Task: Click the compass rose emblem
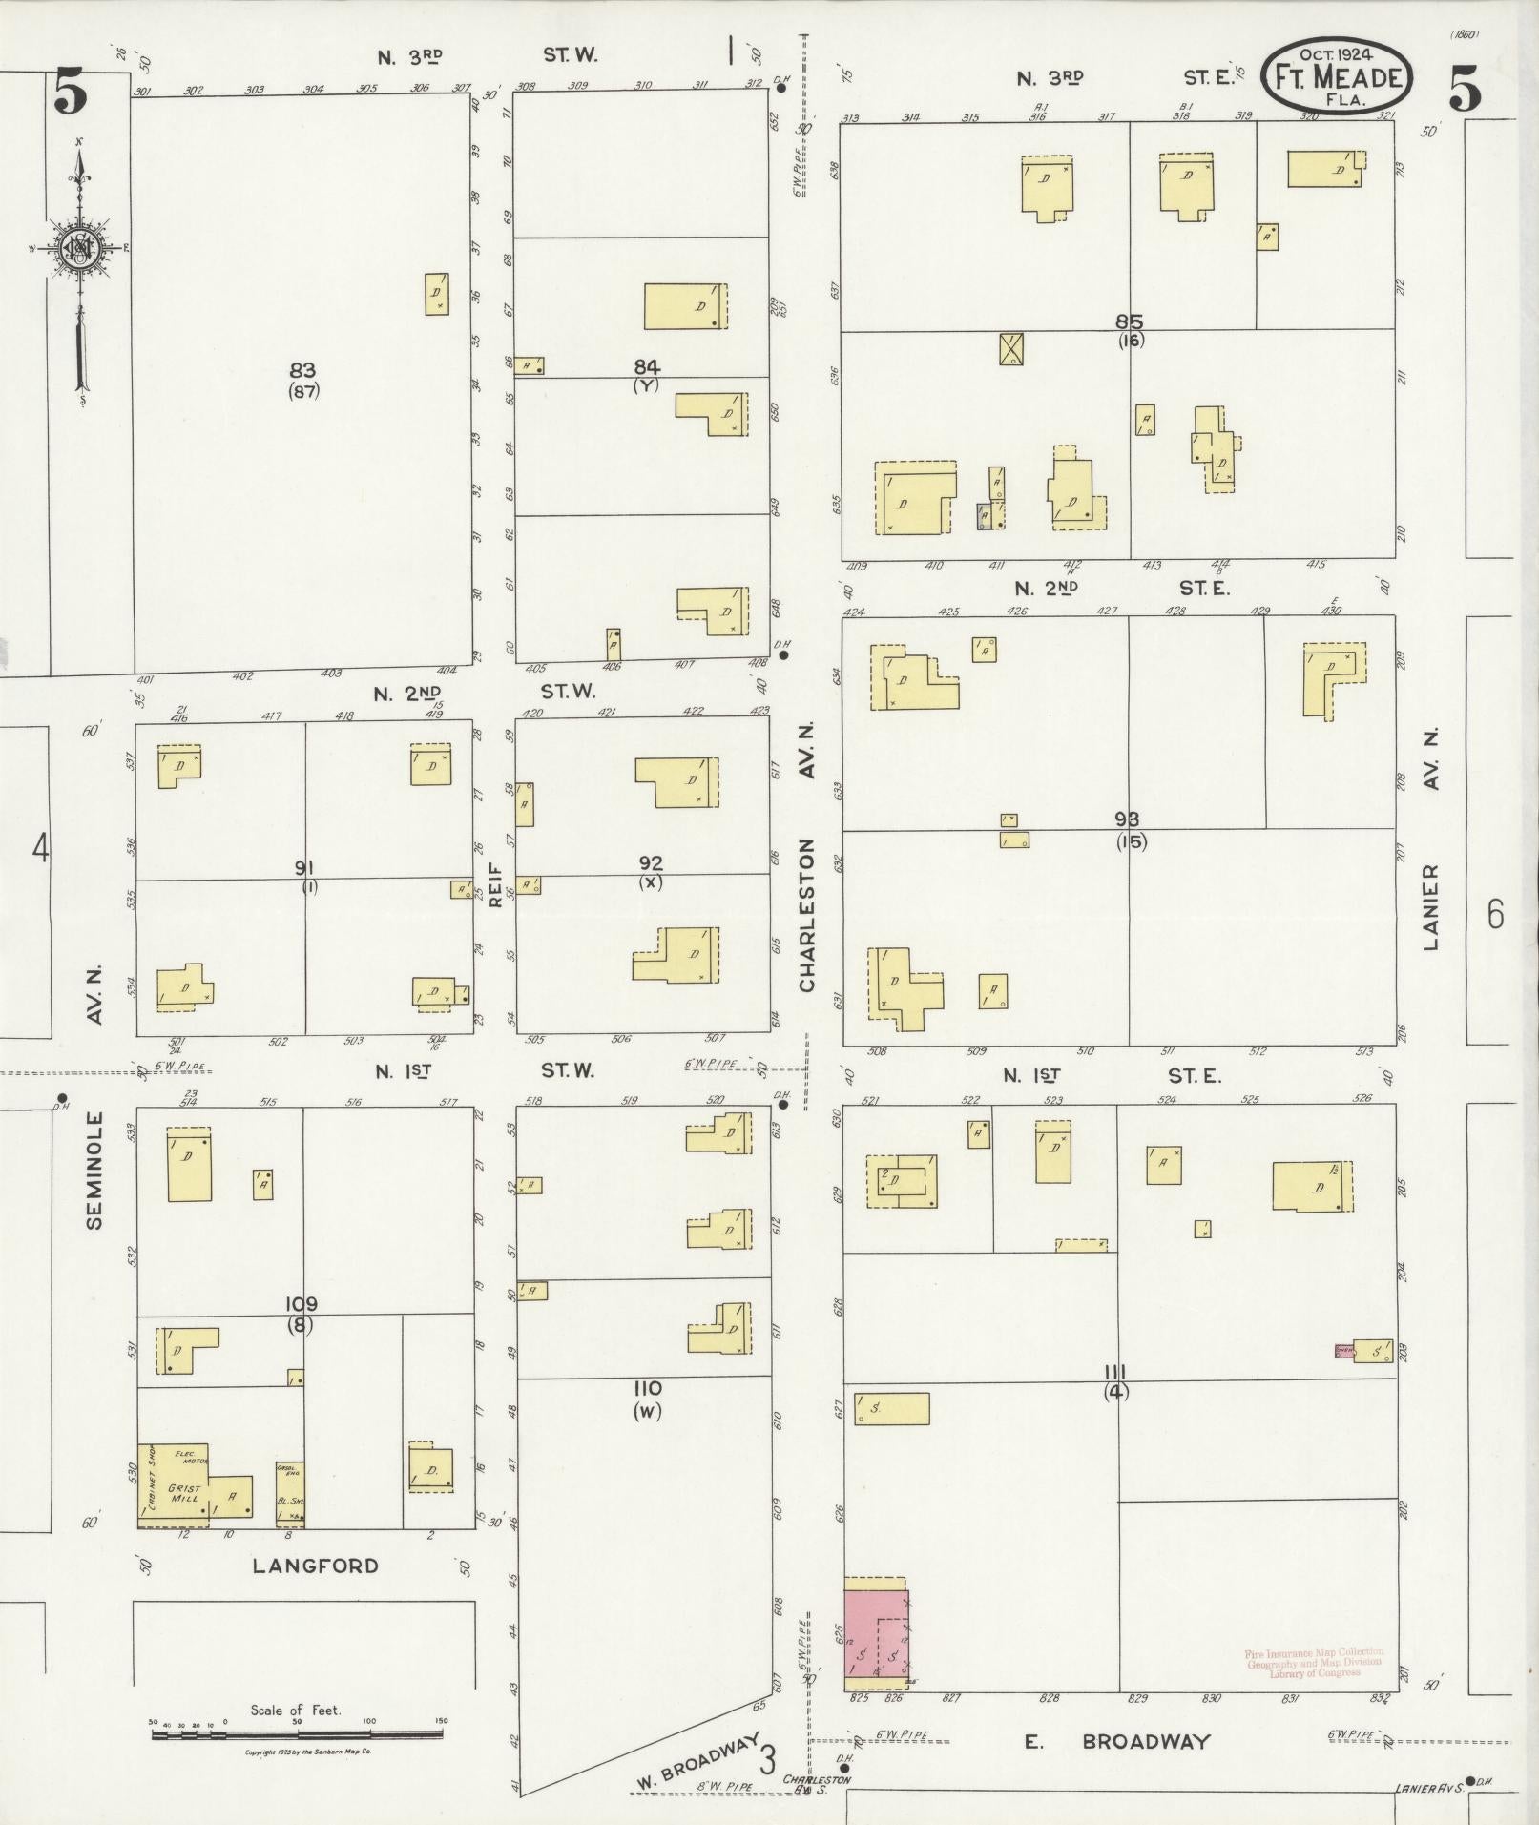[77, 249]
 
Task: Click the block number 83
[302, 370]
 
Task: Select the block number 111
[1114, 1372]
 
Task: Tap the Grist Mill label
[184, 1492]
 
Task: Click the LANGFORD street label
[316, 1566]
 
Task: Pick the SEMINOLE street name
[94, 1170]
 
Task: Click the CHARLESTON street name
[807, 915]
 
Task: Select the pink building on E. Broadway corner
[877, 1638]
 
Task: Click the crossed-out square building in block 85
[1011, 349]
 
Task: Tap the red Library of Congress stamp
[1313, 1662]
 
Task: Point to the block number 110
[646, 1388]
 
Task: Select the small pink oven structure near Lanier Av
[1344, 1350]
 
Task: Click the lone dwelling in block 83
[437, 295]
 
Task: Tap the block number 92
[651, 862]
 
